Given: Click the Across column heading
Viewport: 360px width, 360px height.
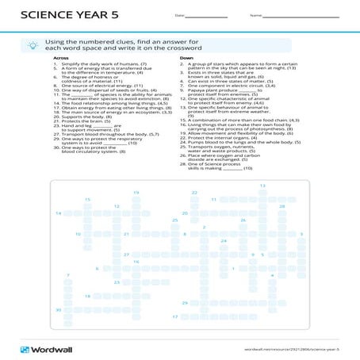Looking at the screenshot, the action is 60,58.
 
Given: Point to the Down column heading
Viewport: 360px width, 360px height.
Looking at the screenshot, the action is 186,58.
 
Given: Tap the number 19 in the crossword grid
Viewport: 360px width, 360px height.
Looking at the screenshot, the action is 136,193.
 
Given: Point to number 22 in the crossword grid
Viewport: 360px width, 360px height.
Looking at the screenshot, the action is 194,193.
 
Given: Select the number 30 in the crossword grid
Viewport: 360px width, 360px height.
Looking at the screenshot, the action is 58,309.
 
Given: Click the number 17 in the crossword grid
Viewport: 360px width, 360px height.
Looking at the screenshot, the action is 174,316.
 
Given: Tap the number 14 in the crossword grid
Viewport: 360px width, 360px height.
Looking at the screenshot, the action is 58,213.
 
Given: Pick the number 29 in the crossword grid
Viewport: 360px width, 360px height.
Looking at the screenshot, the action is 185,303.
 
